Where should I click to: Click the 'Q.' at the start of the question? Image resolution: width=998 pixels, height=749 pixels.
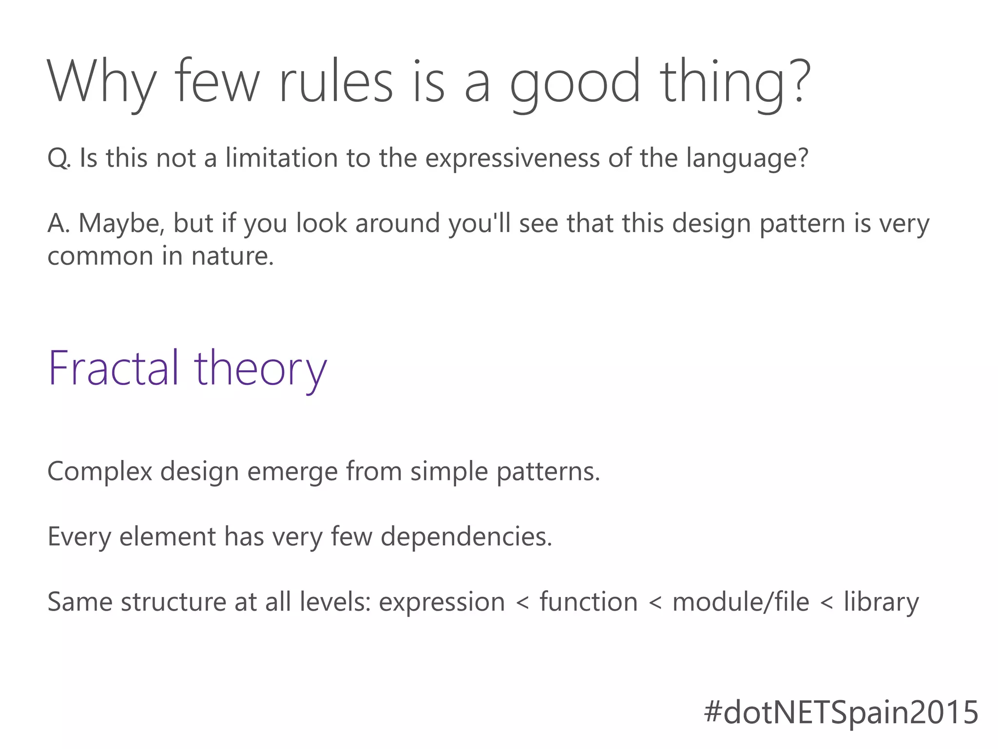(59, 158)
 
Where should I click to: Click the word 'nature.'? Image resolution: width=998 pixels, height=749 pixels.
(232, 256)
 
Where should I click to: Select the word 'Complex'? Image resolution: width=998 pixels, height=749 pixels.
(100, 472)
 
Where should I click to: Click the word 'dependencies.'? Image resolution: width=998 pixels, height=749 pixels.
(466, 537)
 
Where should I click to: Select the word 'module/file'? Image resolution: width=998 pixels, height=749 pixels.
(741, 602)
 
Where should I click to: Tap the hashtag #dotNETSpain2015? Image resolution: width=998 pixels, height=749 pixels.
(841, 712)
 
